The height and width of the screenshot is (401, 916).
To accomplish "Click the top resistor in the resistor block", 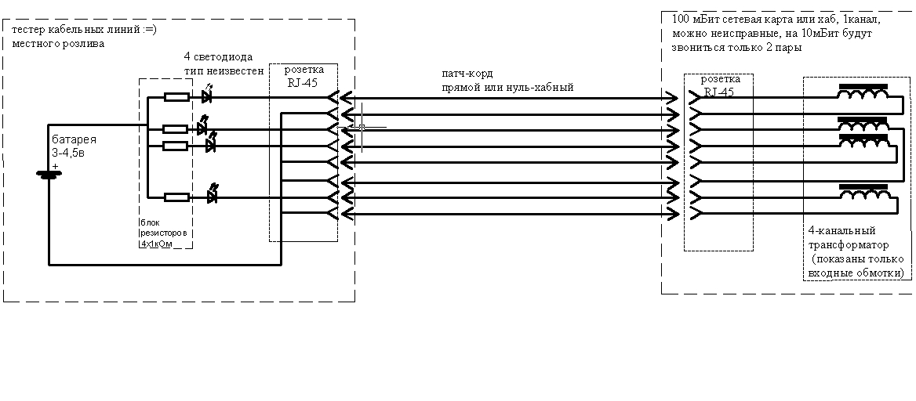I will click(x=176, y=97).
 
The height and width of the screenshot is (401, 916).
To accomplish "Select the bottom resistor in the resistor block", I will click(x=176, y=197).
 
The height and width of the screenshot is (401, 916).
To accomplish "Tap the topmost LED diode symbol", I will click(x=207, y=96).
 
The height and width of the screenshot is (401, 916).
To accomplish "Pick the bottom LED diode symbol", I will click(x=212, y=196).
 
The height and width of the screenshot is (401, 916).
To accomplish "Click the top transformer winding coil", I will click(x=864, y=95).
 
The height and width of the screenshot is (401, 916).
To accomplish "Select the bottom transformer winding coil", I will click(x=864, y=193).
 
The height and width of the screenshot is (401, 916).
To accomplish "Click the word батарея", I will click(x=69, y=139).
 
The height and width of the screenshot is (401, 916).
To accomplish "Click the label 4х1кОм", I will click(x=155, y=244).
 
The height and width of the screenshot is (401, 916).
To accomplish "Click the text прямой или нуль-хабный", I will click(x=507, y=87).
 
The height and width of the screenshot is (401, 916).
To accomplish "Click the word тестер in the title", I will click(x=30, y=31).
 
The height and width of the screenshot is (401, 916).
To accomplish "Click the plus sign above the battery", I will click(x=56, y=165).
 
